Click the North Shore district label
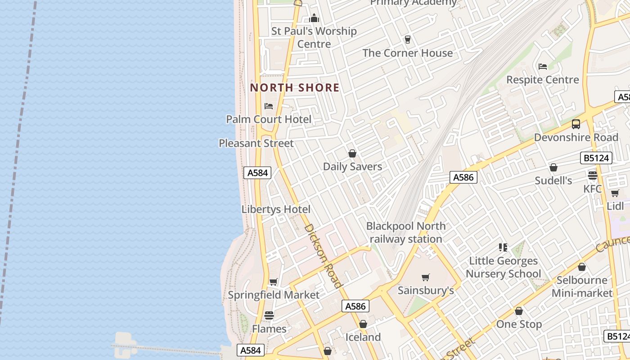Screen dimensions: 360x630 coord(295,87)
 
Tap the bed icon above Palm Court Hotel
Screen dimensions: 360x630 coord(269,106)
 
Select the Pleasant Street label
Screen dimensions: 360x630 coord(256,143)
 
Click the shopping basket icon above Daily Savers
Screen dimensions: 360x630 coord(352,153)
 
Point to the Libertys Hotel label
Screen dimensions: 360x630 coord(276,209)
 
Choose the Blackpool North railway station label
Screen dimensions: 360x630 coord(406,232)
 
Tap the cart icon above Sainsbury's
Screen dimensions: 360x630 coord(425,277)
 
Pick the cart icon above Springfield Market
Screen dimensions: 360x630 coord(273,282)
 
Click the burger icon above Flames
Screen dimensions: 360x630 coord(269,315)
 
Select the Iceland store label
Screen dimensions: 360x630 coord(363,337)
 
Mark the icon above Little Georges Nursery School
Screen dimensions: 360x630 coord(503,247)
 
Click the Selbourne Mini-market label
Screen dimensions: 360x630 coord(582,287)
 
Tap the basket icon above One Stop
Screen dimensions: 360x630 coord(519,311)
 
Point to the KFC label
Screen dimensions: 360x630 coord(592,189)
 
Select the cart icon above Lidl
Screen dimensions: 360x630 coord(615,193)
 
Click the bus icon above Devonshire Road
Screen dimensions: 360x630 coord(576,124)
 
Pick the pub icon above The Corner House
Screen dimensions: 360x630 coord(408,40)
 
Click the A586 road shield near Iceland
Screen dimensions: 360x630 coord(355,306)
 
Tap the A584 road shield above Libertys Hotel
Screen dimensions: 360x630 coord(257,173)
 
